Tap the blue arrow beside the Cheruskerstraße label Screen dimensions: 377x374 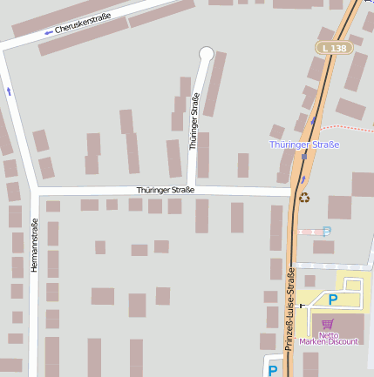(x=49, y=33)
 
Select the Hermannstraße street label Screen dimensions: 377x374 (x=34, y=245)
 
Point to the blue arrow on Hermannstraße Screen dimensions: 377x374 (x=9, y=90)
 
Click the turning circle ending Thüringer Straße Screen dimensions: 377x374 (x=207, y=54)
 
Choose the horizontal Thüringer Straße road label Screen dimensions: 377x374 (x=166, y=189)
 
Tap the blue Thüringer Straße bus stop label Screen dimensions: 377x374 (x=303, y=144)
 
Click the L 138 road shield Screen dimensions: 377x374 (x=333, y=47)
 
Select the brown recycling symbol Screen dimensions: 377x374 (x=304, y=197)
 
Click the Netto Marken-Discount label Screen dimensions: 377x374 (x=328, y=337)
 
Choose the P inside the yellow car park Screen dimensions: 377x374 (x=332, y=300)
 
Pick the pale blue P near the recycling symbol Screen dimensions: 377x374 (x=327, y=231)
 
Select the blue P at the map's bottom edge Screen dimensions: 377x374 (x=273, y=370)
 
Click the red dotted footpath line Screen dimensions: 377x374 (x=349, y=128)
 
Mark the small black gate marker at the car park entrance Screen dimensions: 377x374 (x=302, y=306)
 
